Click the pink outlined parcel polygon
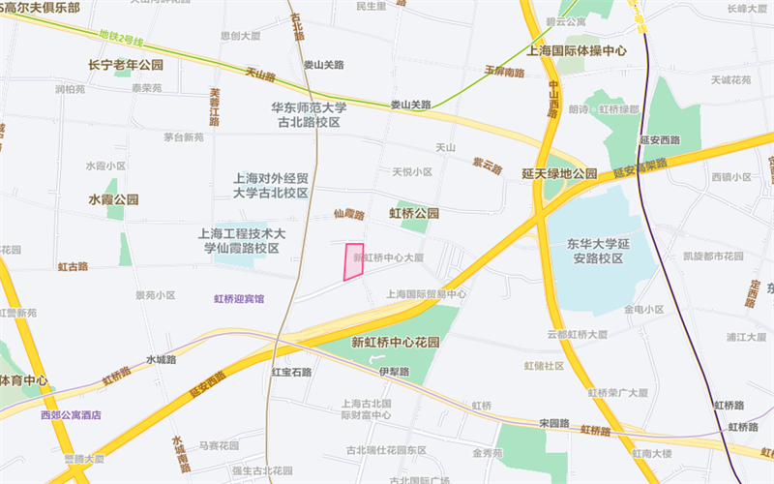click(x=354, y=261)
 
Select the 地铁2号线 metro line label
click(x=121, y=42)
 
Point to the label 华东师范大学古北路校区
click(x=308, y=115)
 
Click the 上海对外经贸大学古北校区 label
click(x=271, y=186)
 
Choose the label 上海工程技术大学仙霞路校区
click(x=241, y=241)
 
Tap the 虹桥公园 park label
click(x=414, y=212)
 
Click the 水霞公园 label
click(x=113, y=199)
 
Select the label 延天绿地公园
click(x=559, y=173)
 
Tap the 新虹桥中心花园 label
click(x=396, y=342)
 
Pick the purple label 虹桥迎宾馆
click(x=239, y=299)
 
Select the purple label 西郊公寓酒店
click(x=71, y=415)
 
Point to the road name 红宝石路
click(x=291, y=372)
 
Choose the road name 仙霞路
click(x=348, y=214)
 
